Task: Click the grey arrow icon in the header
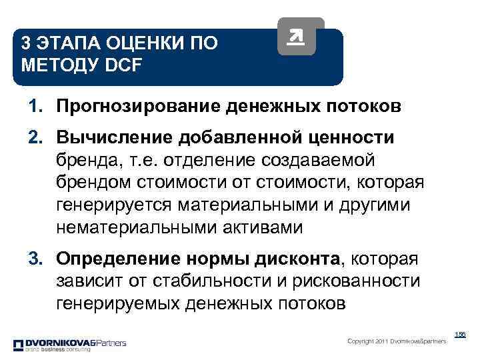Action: (x=297, y=37)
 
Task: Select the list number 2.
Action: (x=34, y=137)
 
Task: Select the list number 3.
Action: (x=34, y=258)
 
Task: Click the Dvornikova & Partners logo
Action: (x=69, y=344)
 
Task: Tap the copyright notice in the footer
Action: (x=397, y=341)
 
